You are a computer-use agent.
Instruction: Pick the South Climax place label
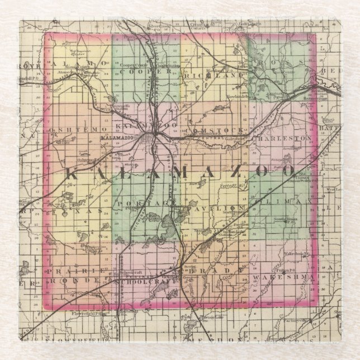point(284,219)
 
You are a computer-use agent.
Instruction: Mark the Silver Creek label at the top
point(158,26)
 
